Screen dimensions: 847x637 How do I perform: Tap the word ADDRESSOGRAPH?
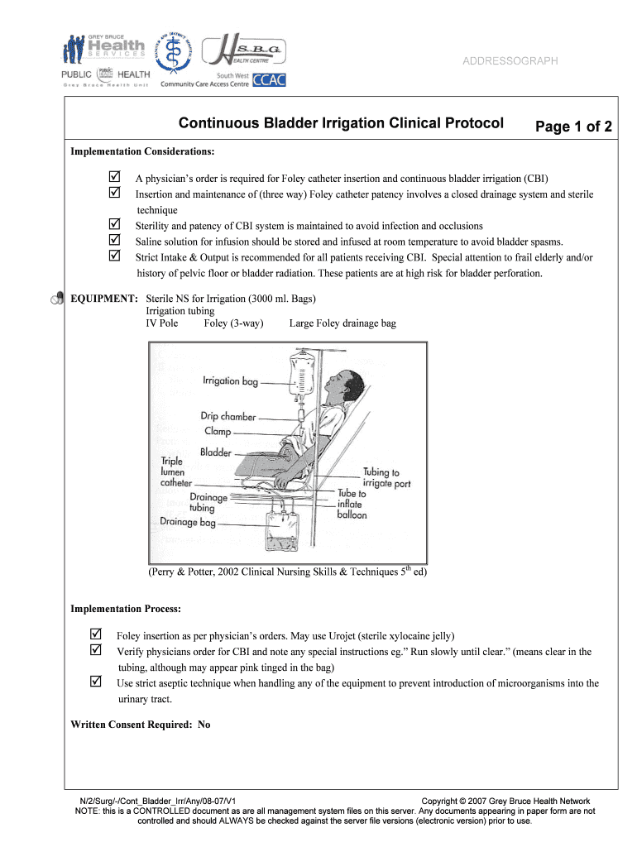click(x=510, y=61)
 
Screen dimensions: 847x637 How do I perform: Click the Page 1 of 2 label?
click(x=573, y=127)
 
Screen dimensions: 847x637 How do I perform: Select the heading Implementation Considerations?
click(x=142, y=152)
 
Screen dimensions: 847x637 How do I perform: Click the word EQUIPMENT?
click(x=104, y=299)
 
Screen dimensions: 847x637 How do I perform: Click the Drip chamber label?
click(x=228, y=417)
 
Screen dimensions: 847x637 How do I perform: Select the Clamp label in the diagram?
click(x=218, y=432)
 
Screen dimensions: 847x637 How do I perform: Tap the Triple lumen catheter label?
click(x=176, y=471)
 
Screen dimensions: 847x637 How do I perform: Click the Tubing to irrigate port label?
click(x=387, y=478)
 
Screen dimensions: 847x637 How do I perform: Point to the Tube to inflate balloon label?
click(x=352, y=504)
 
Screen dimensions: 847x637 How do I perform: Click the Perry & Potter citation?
click(x=287, y=572)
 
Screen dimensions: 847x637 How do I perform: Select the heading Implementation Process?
click(x=126, y=609)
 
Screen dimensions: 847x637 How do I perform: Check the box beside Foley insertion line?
click(x=95, y=634)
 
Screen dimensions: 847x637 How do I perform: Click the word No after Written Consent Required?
click(x=204, y=725)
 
